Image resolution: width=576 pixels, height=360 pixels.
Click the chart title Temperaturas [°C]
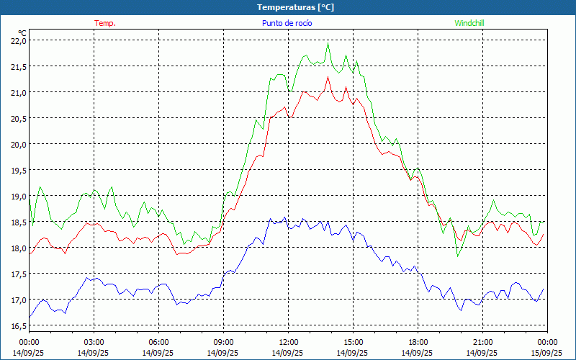(x=295, y=7)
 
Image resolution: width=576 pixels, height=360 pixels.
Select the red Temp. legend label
(x=105, y=23)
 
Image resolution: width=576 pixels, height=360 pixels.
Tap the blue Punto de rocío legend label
(x=287, y=23)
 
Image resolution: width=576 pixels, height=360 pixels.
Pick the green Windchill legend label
(x=469, y=23)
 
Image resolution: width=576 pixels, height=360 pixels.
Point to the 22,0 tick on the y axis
(x=19, y=41)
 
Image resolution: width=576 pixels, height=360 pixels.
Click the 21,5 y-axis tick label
(x=19, y=67)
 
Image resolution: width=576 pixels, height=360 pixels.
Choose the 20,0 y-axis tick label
(x=19, y=145)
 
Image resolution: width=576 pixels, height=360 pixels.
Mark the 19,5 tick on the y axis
(x=19, y=171)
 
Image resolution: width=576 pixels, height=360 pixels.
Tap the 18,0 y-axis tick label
(x=19, y=248)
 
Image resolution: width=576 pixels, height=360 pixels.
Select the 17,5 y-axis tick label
(x=19, y=274)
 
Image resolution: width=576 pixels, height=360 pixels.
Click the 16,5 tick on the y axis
(x=19, y=326)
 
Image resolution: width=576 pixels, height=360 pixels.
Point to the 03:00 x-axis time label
(x=94, y=342)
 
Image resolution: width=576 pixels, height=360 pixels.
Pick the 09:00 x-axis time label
(x=223, y=342)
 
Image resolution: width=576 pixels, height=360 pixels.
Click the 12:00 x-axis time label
(x=288, y=342)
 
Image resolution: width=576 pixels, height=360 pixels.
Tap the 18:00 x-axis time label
(x=418, y=342)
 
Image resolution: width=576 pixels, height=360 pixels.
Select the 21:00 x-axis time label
(x=482, y=342)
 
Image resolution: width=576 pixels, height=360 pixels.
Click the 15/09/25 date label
(x=547, y=353)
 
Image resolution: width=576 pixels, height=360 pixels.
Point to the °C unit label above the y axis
(x=22, y=32)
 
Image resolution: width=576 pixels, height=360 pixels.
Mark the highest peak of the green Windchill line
(x=328, y=44)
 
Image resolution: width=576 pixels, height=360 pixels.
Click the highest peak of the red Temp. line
(x=328, y=77)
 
